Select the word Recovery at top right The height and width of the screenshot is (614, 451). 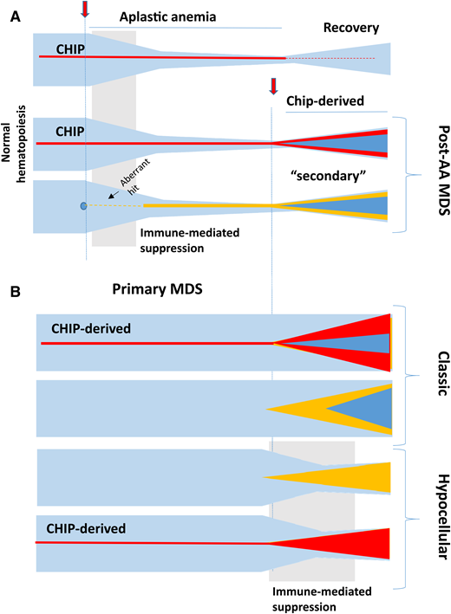pos(351,28)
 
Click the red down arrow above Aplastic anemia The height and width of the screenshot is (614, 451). pos(84,10)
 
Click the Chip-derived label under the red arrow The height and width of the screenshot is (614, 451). pos(325,100)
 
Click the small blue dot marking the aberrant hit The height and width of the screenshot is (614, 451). pos(83,206)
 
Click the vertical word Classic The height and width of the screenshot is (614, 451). pos(433,371)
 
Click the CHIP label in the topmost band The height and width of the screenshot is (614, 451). pos(70,49)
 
